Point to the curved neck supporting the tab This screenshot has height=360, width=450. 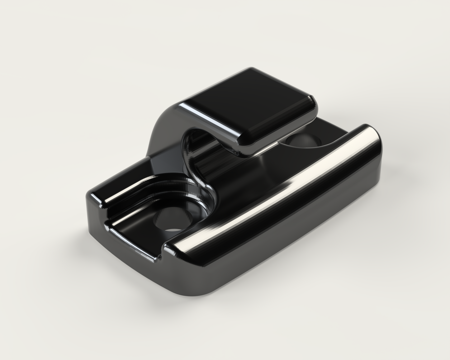click(162, 131)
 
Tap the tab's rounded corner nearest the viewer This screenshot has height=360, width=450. click(243, 146)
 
